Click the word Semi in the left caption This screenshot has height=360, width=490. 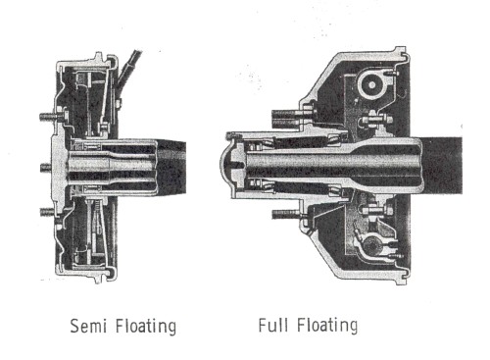pyautogui.click(x=89, y=326)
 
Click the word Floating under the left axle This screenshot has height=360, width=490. pyautogui.click(x=146, y=327)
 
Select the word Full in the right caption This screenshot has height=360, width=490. pyautogui.click(x=273, y=325)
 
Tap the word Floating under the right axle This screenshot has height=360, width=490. pyautogui.click(x=327, y=326)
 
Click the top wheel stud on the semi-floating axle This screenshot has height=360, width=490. pyautogui.click(x=50, y=116)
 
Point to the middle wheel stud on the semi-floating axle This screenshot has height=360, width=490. pyautogui.click(x=46, y=168)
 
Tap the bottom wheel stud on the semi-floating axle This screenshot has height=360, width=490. pyautogui.click(x=49, y=212)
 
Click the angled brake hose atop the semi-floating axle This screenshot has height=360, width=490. pyautogui.click(x=129, y=70)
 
